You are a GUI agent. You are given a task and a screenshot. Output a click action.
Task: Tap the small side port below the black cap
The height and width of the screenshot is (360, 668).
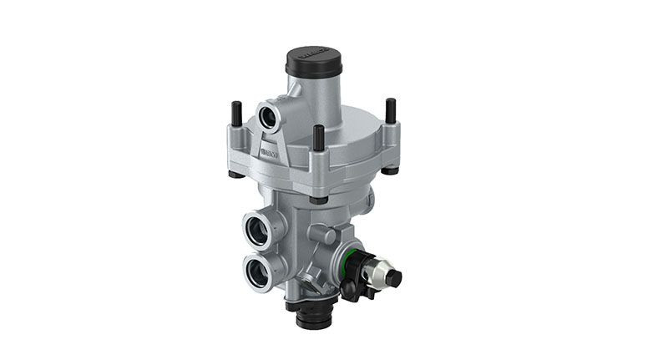270,115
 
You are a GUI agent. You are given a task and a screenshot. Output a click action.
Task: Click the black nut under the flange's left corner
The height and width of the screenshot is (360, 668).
236,174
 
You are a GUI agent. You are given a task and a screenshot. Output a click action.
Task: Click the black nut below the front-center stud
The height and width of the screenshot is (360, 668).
318,198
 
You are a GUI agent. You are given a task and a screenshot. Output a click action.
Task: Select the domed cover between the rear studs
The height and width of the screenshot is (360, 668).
351,125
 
